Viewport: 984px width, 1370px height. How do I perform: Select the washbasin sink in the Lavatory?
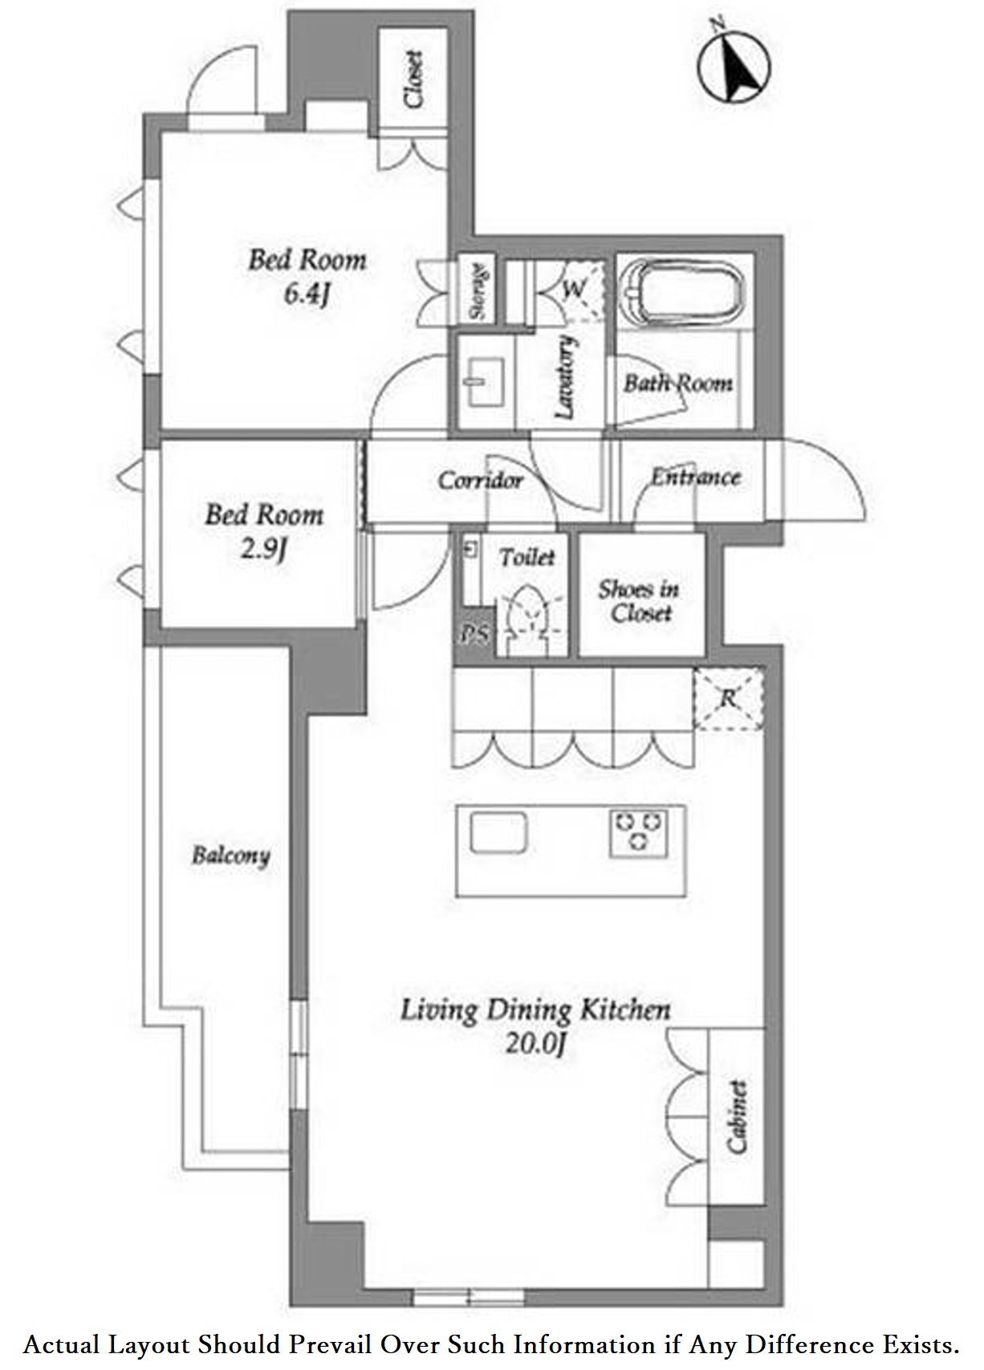483,381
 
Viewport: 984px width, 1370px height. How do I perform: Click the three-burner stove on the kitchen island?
638,831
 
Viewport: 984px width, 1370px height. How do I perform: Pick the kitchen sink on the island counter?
498,833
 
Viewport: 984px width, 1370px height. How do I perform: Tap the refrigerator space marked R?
728,698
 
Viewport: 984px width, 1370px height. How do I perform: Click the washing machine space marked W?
574,289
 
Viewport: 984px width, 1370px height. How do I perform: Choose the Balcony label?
230,856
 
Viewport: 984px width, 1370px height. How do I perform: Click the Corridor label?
481,481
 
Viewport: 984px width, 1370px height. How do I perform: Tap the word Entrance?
695,477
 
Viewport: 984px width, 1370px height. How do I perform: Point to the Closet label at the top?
414,80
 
